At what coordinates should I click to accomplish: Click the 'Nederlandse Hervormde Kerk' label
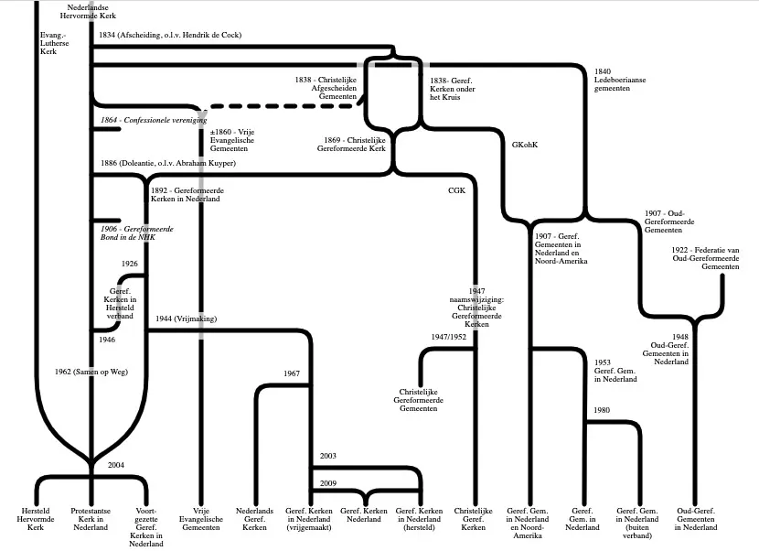click(88, 12)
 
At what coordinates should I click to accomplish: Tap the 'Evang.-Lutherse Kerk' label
click(54, 43)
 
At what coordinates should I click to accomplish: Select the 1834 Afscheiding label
click(170, 35)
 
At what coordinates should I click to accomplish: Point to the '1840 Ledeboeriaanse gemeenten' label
click(620, 80)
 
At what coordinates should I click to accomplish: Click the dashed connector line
click(285, 105)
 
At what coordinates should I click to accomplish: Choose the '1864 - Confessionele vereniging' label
click(154, 120)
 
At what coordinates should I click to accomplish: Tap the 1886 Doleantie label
click(168, 163)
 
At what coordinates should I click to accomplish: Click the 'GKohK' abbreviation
click(525, 145)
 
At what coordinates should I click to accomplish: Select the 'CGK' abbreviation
click(456, 190)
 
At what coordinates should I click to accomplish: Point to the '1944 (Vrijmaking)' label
click(186, 319)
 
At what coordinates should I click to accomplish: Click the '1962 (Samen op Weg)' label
click(91, 373)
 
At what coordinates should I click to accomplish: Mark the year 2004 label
click(116, 465)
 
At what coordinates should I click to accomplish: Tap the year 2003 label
click(327, 456)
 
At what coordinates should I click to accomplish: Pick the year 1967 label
click(292, 373)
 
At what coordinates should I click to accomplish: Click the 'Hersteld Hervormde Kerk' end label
click(36, 519)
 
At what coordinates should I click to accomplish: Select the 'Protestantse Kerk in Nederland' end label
click(91, 519)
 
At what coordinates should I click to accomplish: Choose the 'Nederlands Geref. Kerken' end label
click(254, 519)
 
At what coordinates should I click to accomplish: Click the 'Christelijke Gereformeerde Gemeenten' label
click(418, 400)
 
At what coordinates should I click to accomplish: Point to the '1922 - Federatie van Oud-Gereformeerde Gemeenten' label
click(705, 258)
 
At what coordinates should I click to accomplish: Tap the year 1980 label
click(602, 410)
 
